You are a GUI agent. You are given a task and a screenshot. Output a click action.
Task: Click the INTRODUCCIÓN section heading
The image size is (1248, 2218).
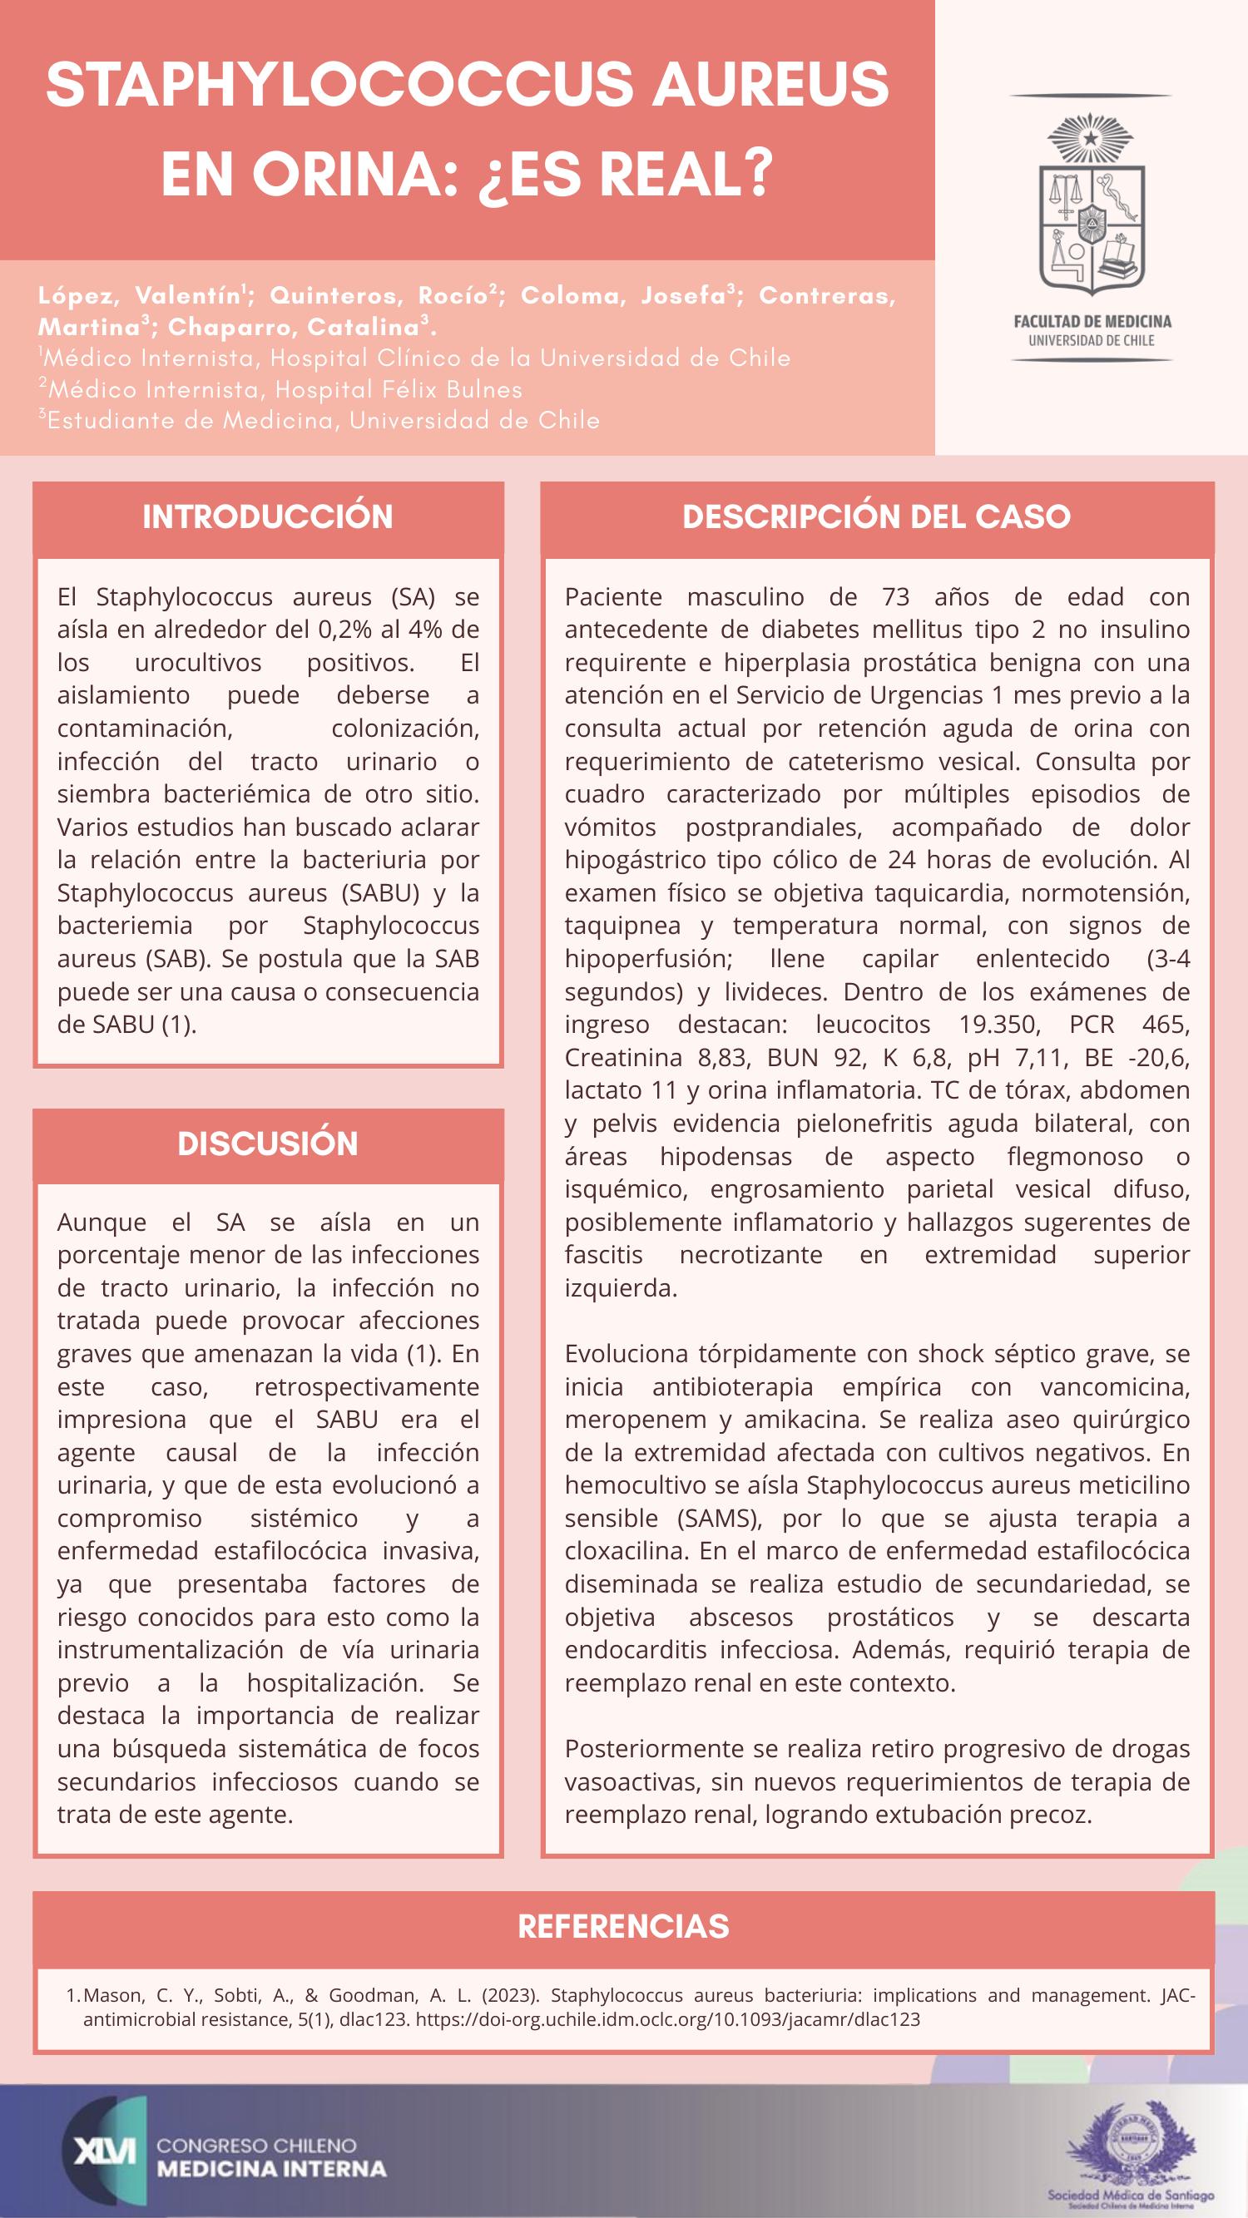[x=267, y=516]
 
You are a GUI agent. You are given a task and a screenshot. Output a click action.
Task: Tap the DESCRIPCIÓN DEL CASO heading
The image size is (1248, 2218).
[x=876, y=516]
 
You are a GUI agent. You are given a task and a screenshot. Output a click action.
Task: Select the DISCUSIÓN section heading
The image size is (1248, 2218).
[x=267, y=1144]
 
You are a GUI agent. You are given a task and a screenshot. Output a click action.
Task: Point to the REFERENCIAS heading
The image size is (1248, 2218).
[x=623, y=1926]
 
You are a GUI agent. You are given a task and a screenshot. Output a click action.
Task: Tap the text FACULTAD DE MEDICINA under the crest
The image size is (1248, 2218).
[x=1092, y=322]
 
